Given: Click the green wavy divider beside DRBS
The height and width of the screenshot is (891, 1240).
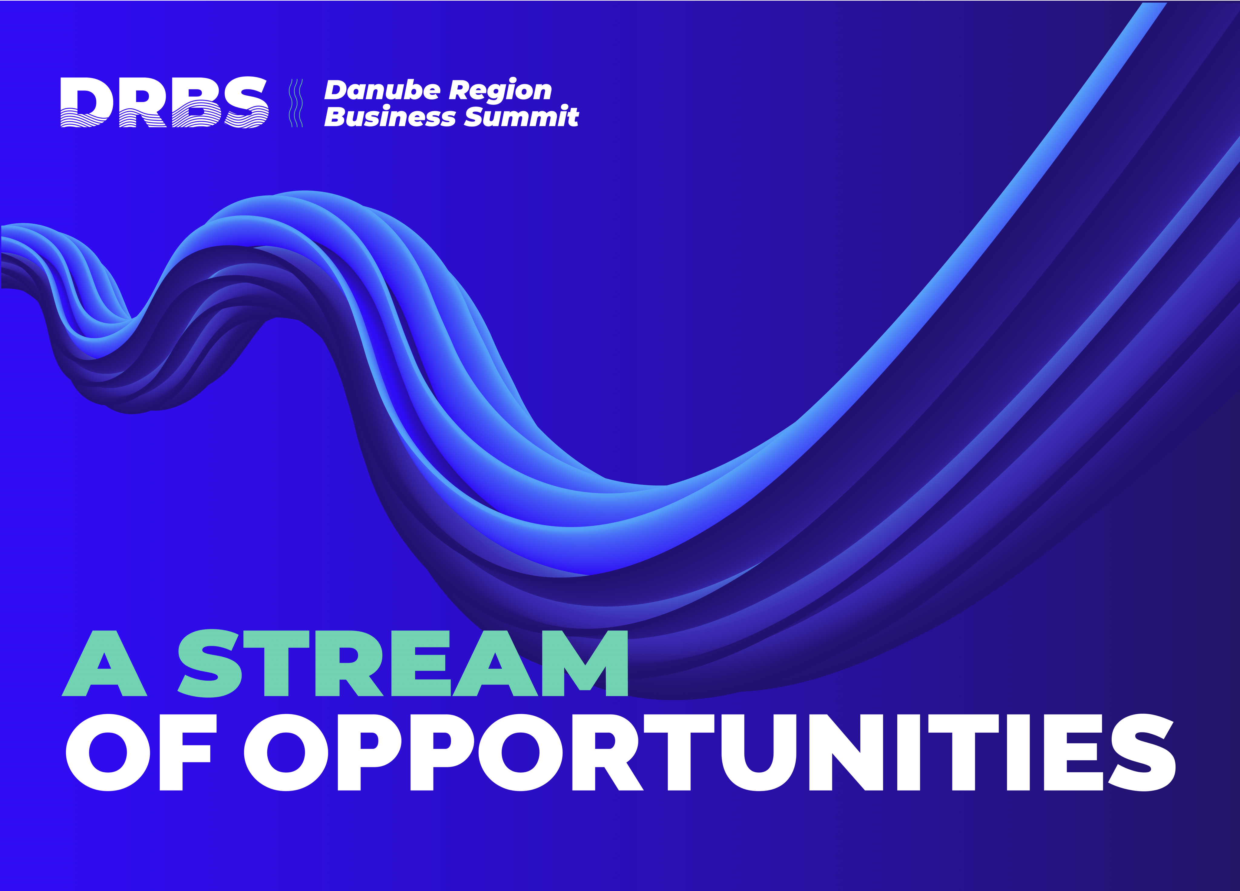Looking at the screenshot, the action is [x=296, y=103].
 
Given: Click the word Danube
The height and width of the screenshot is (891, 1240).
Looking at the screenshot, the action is [x=382, y=90].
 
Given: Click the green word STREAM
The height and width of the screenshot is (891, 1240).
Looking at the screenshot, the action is [x=403, y=663].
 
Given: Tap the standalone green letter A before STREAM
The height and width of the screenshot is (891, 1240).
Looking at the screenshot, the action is [x=104, y=663].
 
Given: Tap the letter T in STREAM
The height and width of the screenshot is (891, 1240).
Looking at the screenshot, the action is [x=276, y=663].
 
